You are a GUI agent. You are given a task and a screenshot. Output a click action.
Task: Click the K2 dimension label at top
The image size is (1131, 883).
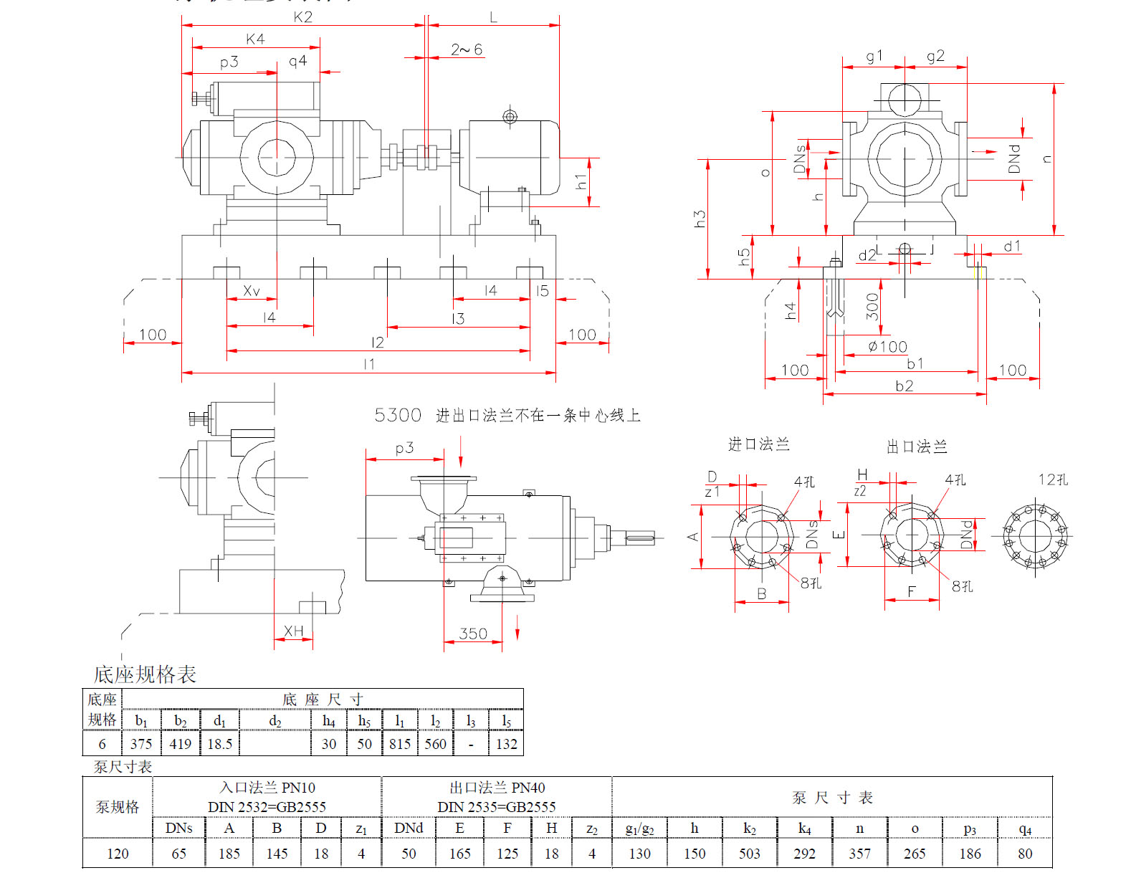(x=302, y=16)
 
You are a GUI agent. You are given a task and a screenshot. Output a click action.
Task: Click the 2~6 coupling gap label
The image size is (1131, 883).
(x=467, y=49)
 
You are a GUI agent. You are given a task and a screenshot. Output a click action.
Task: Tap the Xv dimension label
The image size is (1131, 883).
(x=251, y=290)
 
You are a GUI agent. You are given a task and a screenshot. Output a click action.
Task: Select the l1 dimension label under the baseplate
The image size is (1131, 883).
(x=369, y=364)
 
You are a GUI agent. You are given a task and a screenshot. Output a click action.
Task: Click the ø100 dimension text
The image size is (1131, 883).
(x=887, y=347)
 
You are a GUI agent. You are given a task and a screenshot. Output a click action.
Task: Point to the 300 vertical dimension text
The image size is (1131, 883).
(x=872, y=306)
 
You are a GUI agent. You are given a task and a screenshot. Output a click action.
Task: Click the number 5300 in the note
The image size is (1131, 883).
(x=398, y=415)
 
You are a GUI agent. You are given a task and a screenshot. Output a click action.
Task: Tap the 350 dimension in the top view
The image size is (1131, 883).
(x=473, y=634)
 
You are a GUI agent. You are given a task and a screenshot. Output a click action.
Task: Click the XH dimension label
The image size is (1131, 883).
(x=294, y=631)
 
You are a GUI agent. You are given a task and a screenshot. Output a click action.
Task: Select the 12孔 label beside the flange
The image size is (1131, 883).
(x=1053, y=479)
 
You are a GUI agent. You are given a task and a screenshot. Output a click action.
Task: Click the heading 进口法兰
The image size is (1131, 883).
(x=758, y=444)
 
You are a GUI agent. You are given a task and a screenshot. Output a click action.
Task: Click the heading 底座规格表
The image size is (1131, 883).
(x=145, y=674)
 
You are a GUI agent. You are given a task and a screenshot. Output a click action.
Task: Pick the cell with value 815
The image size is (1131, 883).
(x=400, y=744)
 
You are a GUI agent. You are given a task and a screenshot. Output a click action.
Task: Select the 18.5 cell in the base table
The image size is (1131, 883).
(x=219, y=744)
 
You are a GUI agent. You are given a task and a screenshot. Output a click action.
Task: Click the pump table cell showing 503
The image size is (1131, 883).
(x=750, y=854)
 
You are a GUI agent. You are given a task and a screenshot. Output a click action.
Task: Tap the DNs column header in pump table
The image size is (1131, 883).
(x=178, y=828)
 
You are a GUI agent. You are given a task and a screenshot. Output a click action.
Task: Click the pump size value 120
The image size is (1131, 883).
(x=118, y=854)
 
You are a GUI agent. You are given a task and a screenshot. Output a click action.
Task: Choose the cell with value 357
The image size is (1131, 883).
(x=859, y=854)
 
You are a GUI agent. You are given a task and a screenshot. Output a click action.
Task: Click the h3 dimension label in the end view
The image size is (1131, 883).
(x=700, y=219)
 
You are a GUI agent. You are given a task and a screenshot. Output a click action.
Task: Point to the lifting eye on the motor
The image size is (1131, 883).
(x=510, y=116)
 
